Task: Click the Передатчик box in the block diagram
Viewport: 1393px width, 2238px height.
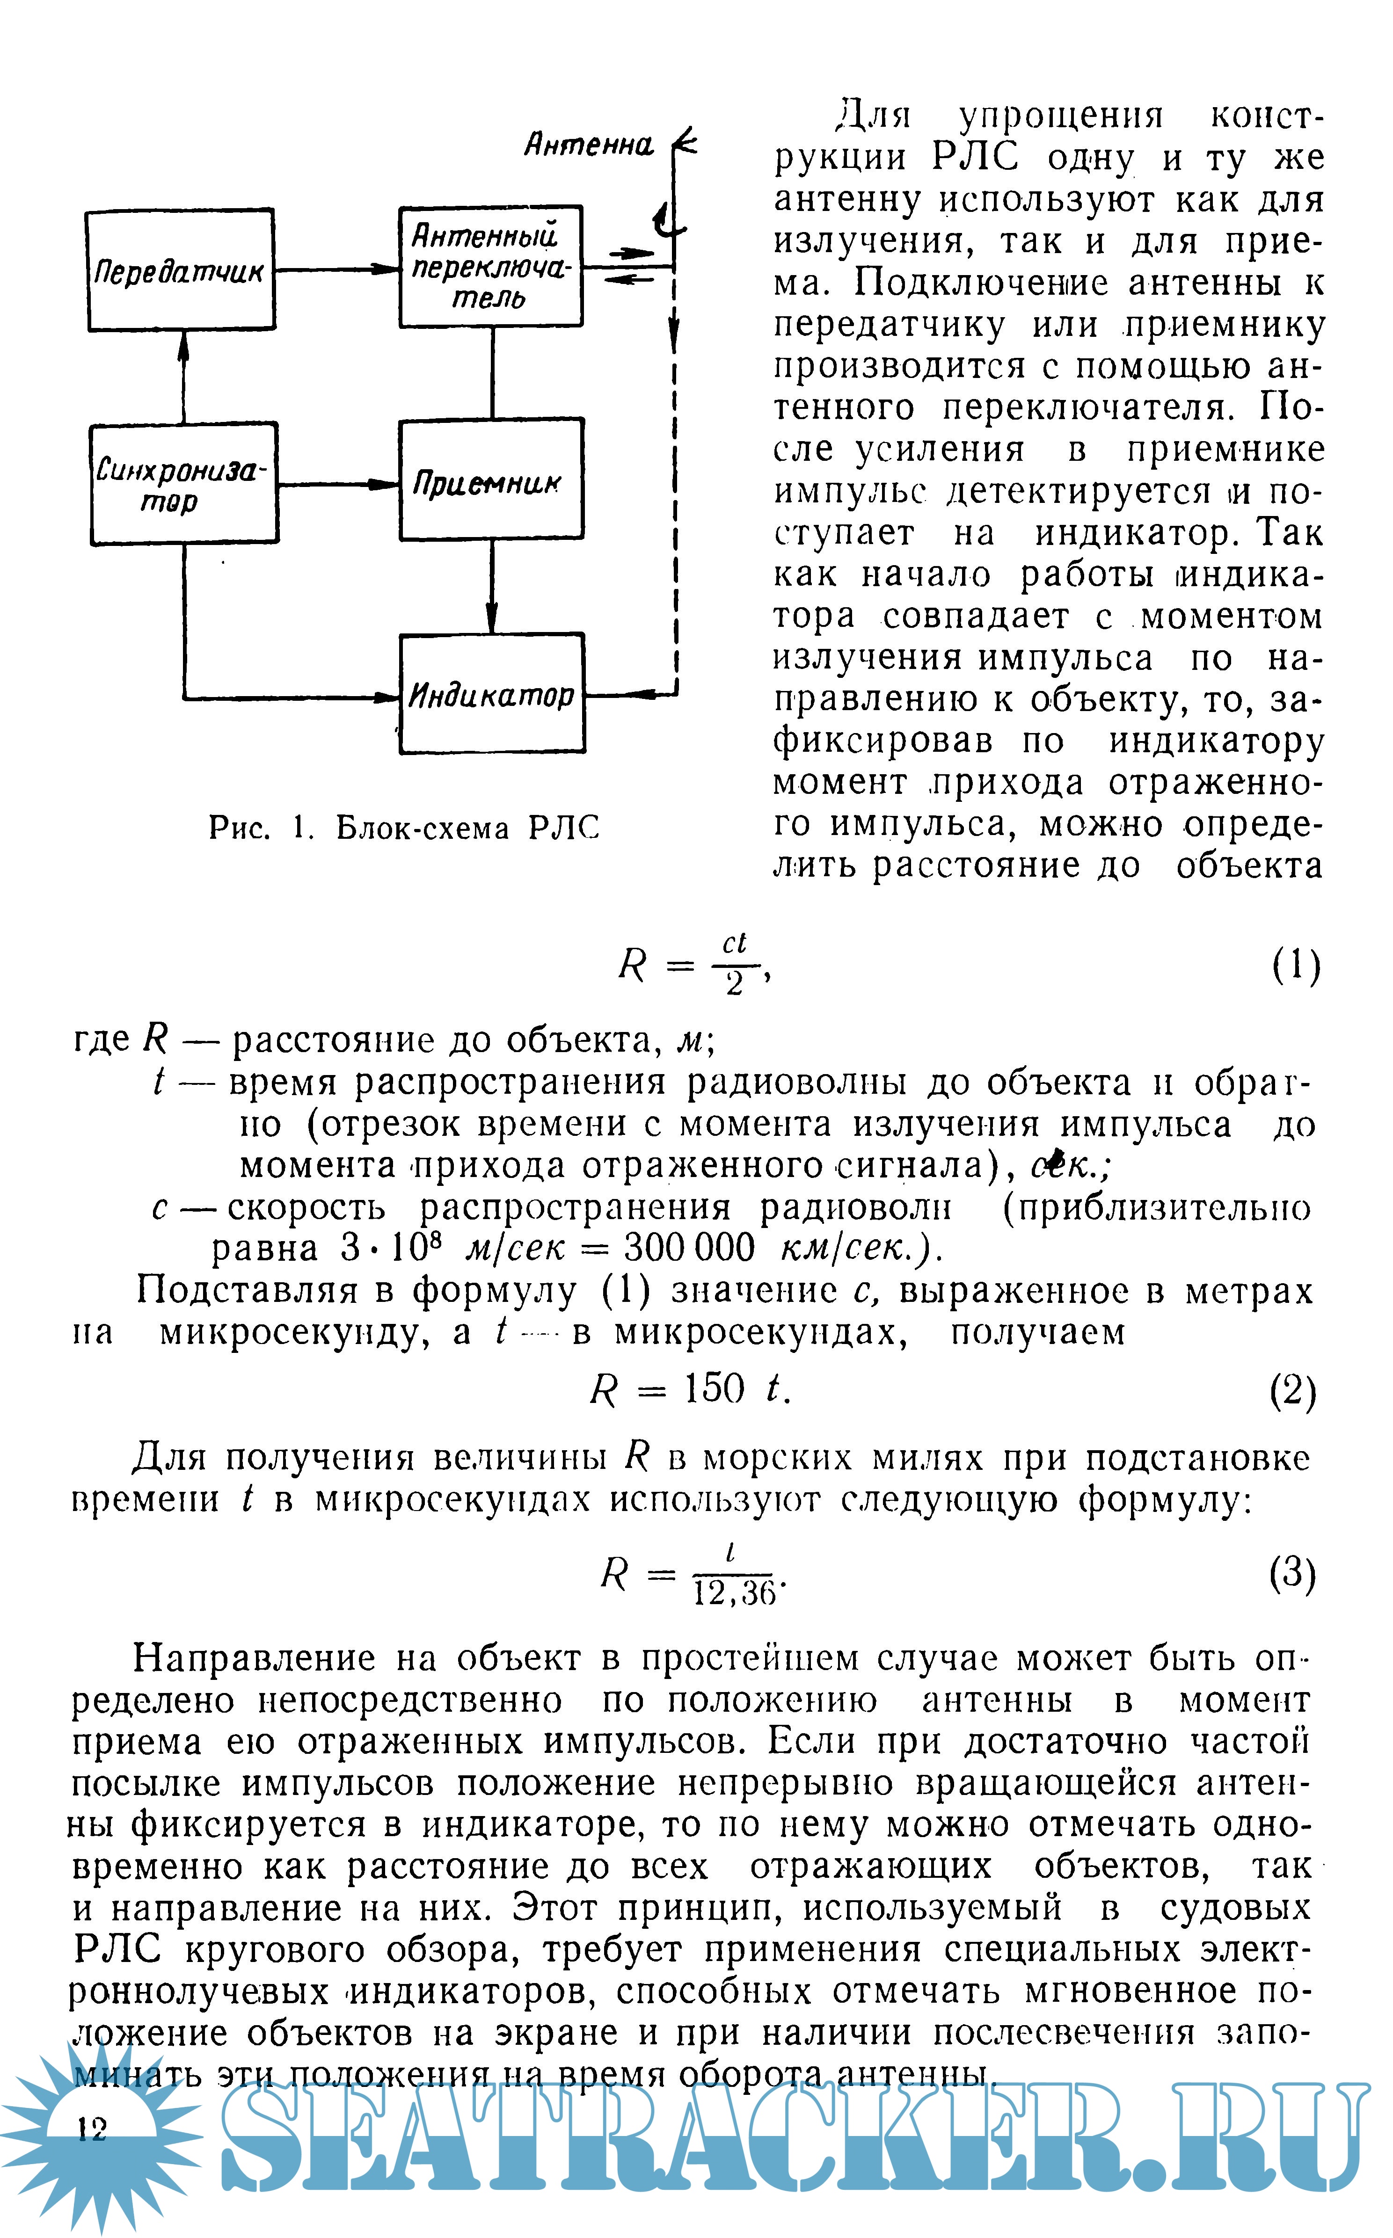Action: pos(181,270)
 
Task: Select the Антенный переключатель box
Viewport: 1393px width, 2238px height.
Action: pos(490,266)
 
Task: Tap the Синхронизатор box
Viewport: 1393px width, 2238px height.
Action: pos(184,484)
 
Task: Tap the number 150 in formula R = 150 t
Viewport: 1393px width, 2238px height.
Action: pos(714,1389)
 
